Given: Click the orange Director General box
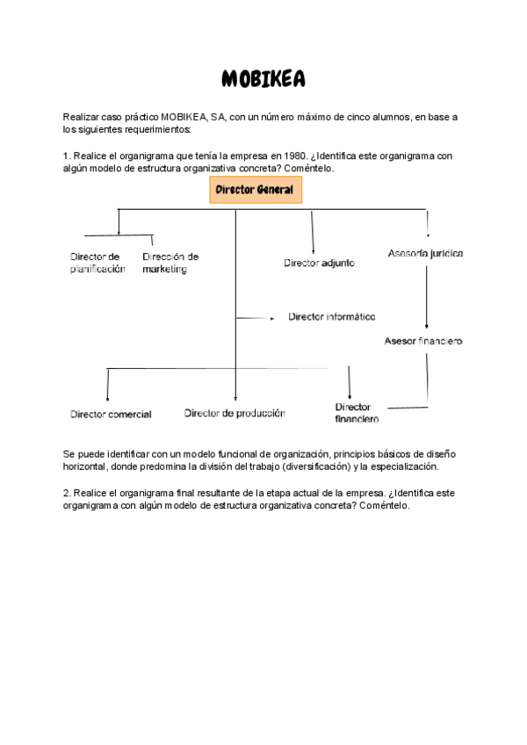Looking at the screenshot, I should tap(256, 190).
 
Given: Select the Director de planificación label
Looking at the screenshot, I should tap(97, 263).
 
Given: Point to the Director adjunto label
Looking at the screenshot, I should tap(319, 263).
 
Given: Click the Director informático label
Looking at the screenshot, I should tap(331, 316).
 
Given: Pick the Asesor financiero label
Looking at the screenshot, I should tap(423, 340).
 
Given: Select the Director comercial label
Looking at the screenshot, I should tap(111, 414).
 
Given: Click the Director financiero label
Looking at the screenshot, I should tap(357, 413).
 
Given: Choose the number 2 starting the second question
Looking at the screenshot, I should tap(67, 493).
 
